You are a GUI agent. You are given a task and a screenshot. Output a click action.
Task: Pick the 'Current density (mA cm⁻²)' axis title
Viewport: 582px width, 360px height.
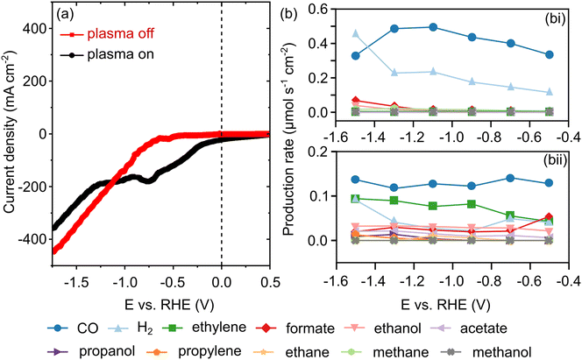[x=13, y=134]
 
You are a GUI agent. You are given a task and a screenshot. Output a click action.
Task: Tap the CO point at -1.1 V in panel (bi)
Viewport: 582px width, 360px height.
[x=433, y=27]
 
